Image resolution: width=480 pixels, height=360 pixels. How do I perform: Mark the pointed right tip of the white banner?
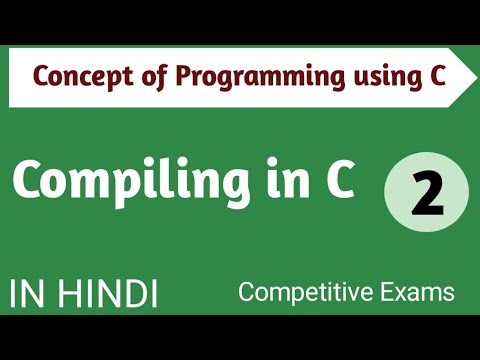point(467,76)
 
